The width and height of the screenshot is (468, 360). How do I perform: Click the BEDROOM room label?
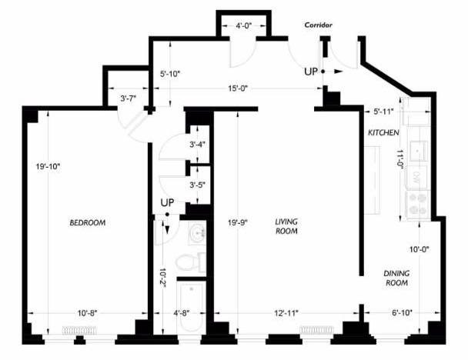(x=88, y=223)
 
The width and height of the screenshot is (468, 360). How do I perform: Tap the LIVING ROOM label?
(x=286, y=226)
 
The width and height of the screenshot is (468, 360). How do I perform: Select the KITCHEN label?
(x=383, y=133)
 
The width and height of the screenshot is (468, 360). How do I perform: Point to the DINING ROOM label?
(x=396, y=278)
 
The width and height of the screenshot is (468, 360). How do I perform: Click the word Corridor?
(x=318, y=25)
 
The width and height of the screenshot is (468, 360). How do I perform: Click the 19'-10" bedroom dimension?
(x=48, y=166)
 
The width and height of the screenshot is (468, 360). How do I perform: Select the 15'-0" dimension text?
(x=238, y=88)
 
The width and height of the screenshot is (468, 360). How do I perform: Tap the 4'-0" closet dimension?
(x=244, y=25)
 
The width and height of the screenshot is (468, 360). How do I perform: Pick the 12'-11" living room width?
(x=286, y=313)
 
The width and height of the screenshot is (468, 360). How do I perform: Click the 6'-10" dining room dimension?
(x=402, y=313)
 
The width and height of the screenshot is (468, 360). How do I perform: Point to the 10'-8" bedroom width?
(x=88, y=313)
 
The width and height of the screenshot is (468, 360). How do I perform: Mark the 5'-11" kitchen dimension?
(x=383, y=112)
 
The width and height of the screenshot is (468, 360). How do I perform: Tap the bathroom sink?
(x=197, y=233)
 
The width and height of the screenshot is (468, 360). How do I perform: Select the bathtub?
(x=192, y=308)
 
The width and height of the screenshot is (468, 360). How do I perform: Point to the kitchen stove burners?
(x=418, y=205)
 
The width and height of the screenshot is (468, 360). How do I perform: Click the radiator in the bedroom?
(x=80, y=330)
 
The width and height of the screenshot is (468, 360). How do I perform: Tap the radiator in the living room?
(x=316, y=330)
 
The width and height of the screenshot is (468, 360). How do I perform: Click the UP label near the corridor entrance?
(x=311, y=72)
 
